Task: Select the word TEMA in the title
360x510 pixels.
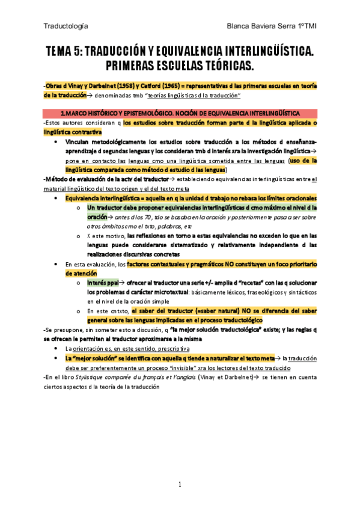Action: (61, 52)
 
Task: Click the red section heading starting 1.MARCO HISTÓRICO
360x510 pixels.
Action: (180, 112)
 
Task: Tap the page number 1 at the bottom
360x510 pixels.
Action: (179, 485)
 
